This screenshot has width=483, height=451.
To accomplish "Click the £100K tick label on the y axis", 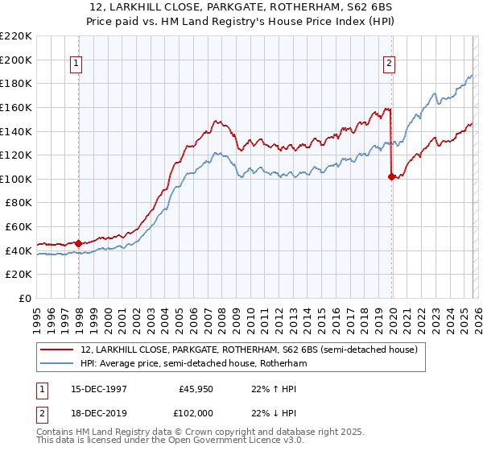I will pyautogui.click(x=16, y=179).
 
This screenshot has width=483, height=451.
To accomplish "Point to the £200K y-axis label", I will pyautogui.click(x=16, y=60).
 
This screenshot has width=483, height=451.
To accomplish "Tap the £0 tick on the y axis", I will pyautogui.click(x=24, y=298).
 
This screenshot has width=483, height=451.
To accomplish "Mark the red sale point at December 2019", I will pyautogui.click(x=391, y=176).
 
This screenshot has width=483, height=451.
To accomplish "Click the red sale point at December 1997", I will pyautogui.click(x=79, y=243).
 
